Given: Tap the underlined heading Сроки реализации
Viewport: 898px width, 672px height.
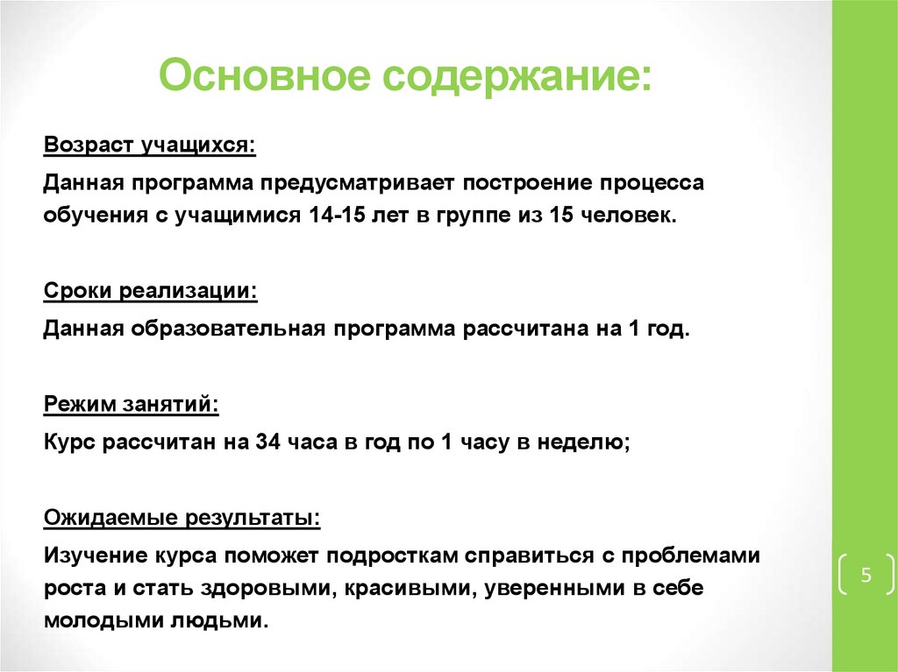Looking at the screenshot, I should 150,290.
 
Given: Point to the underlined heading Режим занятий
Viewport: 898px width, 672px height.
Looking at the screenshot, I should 132,404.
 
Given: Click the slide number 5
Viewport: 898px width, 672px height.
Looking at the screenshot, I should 866,576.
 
